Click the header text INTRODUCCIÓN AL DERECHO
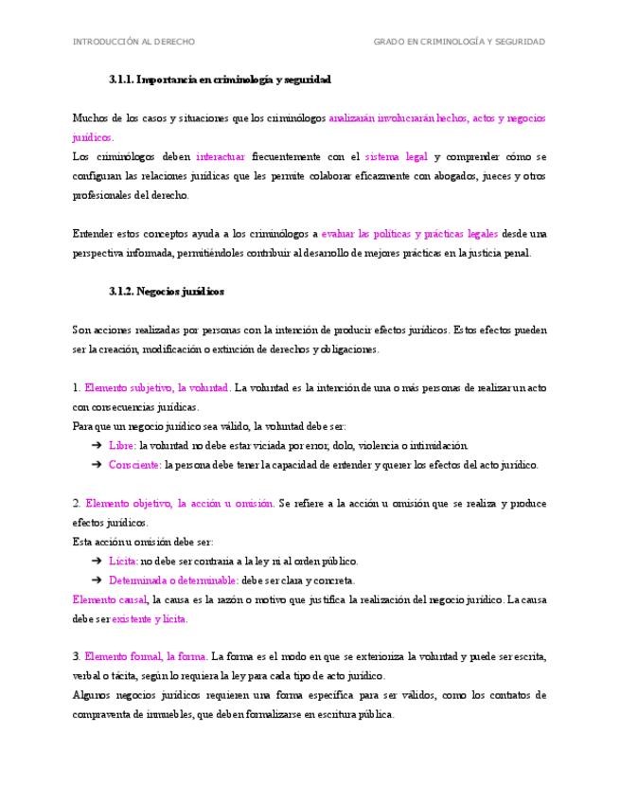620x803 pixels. click(x=133, y=42)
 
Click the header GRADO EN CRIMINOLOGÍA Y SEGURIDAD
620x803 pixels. click(x=459, y=42)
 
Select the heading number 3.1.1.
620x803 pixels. click(x=121, y=80)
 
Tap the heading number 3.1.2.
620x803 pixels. click(x=121, y=292)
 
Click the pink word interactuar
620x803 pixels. click(x=221, y=156)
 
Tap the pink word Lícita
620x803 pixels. click(x=123, y=561)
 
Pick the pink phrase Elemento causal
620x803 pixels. click(x=109, y=599)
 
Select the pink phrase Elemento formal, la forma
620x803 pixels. click(x=146, y=656)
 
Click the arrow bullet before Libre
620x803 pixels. click(x=97, y=445)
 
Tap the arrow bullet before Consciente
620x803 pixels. click(x=97, y=465)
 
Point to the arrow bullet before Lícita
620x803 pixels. click(x=97, y=561)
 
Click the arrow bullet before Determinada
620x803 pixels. click(x=97, y=580)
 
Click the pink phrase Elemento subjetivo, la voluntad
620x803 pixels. click(x=157, y=387)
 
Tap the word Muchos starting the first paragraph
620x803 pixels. click(x=88, y=118)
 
